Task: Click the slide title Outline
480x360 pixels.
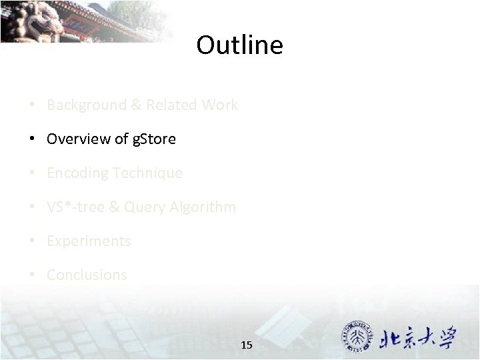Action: tap(239, 45)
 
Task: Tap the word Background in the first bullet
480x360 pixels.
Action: tap(77, 105)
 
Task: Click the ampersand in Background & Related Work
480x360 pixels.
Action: tap(136, 105)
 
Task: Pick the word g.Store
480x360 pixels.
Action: tap(155, 139)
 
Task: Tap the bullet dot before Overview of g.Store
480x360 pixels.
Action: tap(32, 139)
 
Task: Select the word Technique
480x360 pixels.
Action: tap(148, 173)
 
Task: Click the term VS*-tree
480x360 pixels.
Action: tap(74, 207)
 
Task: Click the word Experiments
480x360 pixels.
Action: tap(89, 241)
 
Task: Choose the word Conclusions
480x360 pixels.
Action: tap(87, 275)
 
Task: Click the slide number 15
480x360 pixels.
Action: tap(247, 345)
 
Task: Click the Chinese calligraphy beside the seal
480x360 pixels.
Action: tap(419, 339)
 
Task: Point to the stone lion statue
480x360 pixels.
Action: tap(30, 20)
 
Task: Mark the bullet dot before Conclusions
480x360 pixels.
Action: tap(32, 275)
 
